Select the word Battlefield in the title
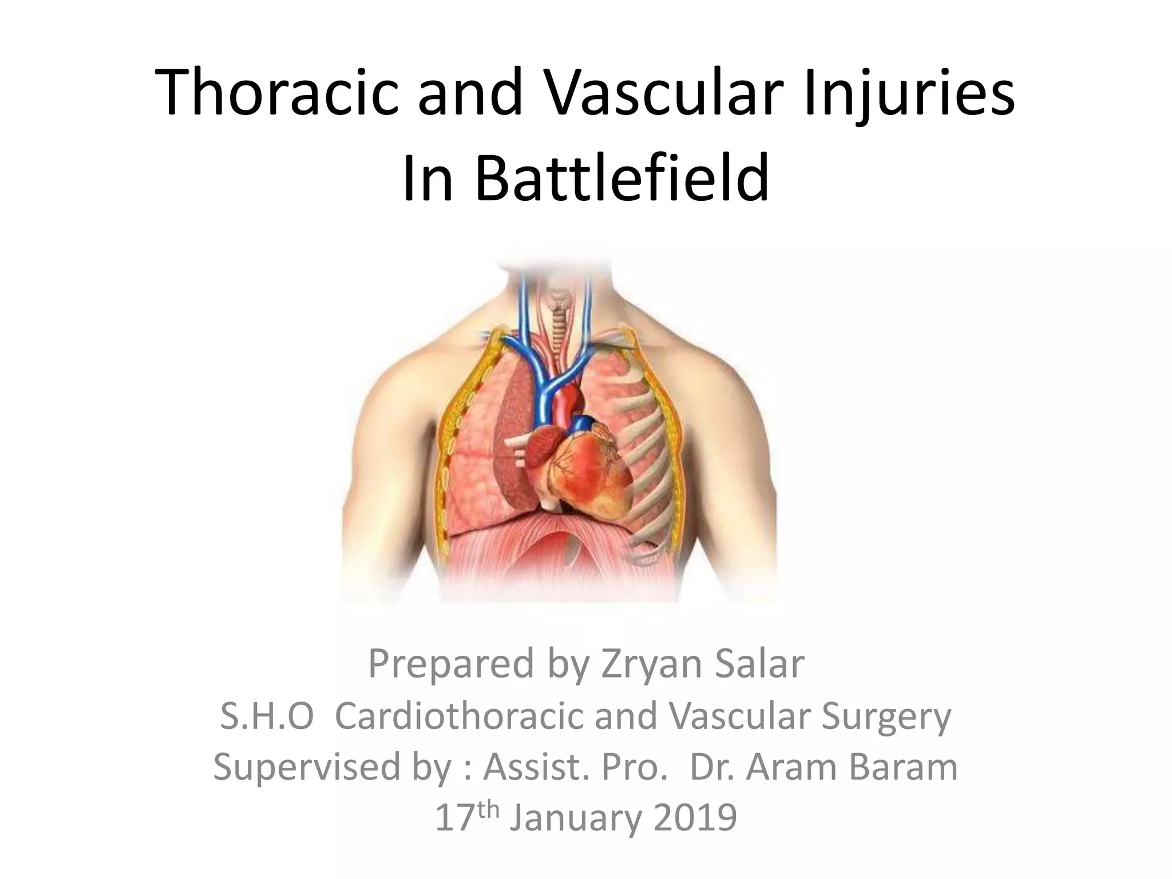(621, 178)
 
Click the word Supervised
(306, 768)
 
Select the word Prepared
(448, 665)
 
